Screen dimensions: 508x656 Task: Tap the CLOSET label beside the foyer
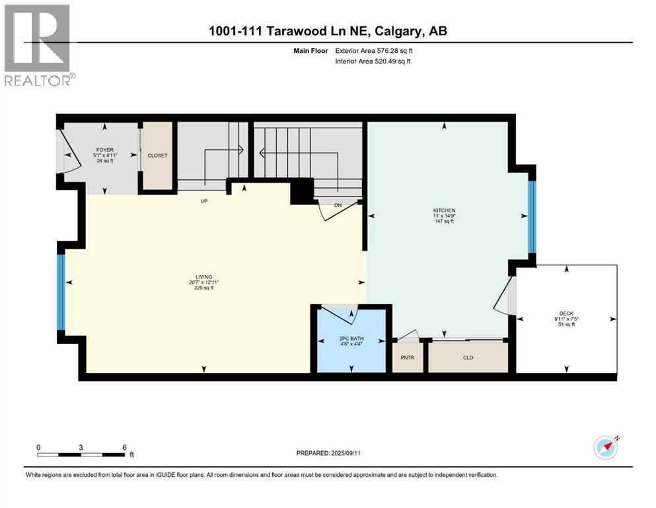(x=157, y=156)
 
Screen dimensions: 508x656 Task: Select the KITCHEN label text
(x=445, y=210)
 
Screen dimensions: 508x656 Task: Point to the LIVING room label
(x=203, y=278)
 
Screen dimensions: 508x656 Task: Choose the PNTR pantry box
(x=408, y=357)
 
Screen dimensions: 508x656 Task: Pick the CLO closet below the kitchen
(x=468, y=357)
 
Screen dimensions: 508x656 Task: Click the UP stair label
(x=204, y=200)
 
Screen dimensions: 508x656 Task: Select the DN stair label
(x=337, y=206)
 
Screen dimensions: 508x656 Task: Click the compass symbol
(x=606, y=448)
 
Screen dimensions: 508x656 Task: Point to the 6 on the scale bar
(x=124, y=447)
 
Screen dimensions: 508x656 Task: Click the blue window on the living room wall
(x=61, y=292)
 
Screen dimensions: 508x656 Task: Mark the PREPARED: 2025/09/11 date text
(x=330, y=453)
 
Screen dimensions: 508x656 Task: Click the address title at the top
(x=328, y=31)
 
